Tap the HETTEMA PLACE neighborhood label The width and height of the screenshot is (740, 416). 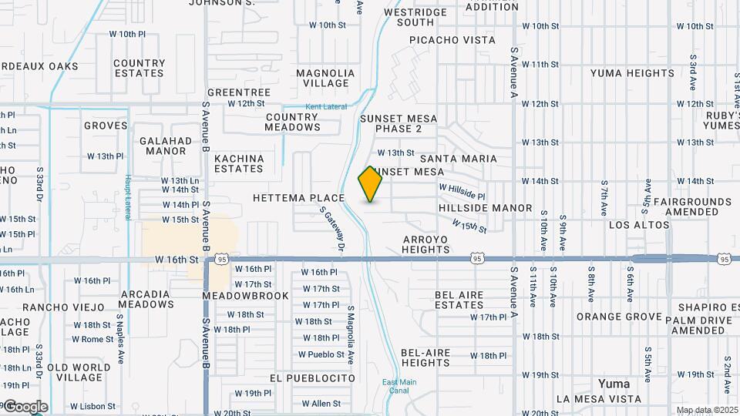click(x=298, y=198)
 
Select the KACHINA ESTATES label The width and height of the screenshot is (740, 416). click(x=239, y=163)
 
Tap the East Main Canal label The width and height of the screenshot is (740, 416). click(x=399, y=387)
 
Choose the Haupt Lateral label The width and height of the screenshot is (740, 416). click(x=127, y=193)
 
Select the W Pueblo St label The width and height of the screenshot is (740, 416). click(x=321, y=355)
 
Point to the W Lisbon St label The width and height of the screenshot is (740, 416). click(x=93, y=406)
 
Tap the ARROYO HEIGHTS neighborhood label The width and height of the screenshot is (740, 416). click(x=425, y=244)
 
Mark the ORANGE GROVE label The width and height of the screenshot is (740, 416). click(x=618, y=317)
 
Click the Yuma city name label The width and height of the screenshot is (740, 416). click(x=614, y=384)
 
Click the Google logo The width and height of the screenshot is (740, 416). click(x=25, y=406)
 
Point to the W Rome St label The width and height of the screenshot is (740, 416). click(x=93, y=339)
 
